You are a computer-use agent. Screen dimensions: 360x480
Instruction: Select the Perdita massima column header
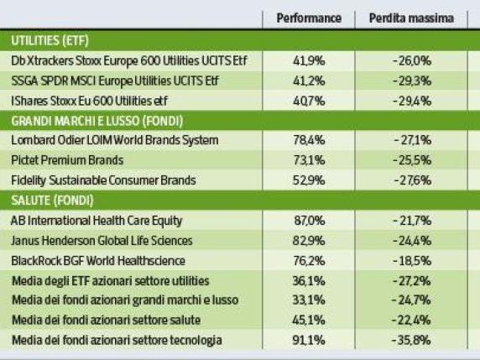409,17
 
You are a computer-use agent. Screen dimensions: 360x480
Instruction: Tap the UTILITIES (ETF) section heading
50,39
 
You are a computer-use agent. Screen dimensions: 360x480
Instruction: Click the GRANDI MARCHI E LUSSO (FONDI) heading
97,120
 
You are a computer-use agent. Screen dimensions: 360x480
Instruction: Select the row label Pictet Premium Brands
67,159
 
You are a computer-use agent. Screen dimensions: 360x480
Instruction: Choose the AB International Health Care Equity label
96,221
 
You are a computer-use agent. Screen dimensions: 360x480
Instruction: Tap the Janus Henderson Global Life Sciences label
101,241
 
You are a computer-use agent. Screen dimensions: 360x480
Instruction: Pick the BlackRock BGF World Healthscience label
98,260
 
